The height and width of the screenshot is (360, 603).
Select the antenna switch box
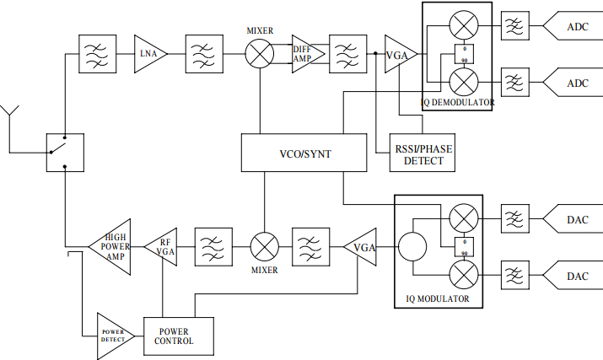point(64,153)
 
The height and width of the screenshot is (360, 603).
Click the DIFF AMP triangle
point(304,54)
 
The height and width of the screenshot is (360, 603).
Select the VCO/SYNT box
point(292,153)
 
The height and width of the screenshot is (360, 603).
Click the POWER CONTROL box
point(179,336)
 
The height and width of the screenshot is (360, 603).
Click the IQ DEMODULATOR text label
point(458,103)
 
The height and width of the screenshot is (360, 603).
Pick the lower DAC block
point(572,275)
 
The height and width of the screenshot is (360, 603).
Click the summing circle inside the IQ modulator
point(413,247)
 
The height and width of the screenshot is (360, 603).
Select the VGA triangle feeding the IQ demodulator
point(399,54)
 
